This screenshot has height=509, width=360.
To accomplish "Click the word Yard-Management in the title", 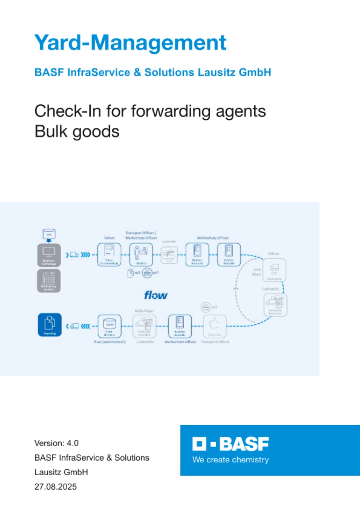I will point(130,43).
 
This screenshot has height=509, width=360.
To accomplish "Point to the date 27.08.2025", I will point(55,486).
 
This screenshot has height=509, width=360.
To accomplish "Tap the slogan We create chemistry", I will point(230,460).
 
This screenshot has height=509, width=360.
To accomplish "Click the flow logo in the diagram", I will point(156,295).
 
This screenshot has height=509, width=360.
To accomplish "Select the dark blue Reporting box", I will point(50,325).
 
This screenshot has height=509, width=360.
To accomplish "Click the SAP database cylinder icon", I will point(49,234).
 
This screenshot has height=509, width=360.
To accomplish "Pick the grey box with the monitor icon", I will point(49,254).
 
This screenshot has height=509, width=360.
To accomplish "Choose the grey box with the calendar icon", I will point(49,281).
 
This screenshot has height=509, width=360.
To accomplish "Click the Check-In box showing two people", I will point(141,254).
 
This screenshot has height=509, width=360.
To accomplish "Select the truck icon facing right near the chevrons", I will point(74,255).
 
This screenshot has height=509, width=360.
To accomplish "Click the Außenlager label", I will point(144,311).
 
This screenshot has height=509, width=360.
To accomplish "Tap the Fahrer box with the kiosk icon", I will point(109,254).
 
